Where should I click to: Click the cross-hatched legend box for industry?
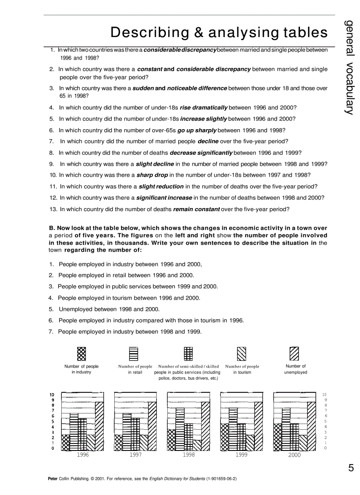coord(82,354)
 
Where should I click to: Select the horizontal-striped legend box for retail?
coord(133,354)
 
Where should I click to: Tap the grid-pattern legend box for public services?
coord(188,354)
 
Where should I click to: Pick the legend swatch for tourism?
coord(242,354)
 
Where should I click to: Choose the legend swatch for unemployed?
coord(294,354)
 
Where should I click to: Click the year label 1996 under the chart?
coord(82,455)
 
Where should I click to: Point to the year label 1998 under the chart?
coord(188,455)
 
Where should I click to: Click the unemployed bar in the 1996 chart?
coord(100,426)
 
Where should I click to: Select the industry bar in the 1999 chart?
coord(225,437)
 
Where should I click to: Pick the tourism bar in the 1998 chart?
coord(197,445)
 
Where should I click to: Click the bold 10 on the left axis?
coord(52,395)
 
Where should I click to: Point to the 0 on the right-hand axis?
coord(326,448)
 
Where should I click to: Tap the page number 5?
coord(351,468)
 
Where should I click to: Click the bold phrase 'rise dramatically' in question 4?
coord(203,108)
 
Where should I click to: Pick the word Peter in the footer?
coord(52,479)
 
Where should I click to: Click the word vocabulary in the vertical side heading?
coord(349,86)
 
